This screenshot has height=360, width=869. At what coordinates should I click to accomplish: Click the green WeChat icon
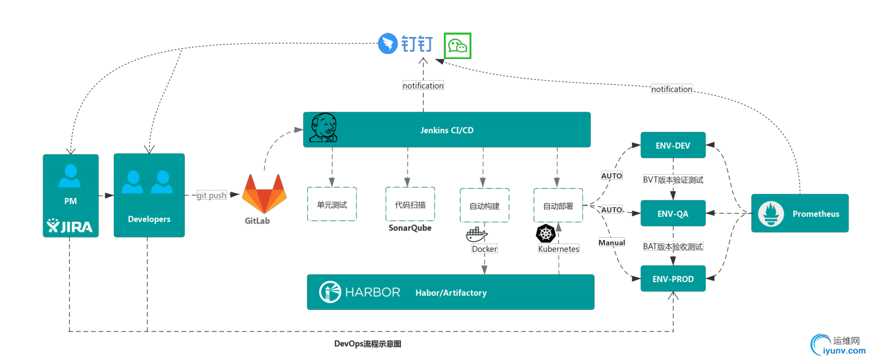458,45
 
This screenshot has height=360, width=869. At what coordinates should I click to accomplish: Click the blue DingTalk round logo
387,44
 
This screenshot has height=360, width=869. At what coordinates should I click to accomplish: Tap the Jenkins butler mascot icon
323,129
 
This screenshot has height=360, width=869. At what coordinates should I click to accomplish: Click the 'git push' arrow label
212,195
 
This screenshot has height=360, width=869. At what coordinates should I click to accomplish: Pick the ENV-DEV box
673,146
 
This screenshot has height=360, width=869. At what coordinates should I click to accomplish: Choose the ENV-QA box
673,213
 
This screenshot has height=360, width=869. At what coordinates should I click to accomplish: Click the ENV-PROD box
673,279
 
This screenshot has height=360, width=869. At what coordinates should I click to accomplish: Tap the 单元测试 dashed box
332,204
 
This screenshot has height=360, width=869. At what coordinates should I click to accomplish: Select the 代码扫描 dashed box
410,204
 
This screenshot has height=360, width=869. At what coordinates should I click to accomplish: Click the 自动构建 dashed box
484,205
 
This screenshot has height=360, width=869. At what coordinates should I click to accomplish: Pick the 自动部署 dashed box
558,205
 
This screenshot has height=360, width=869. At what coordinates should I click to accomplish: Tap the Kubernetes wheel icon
545,233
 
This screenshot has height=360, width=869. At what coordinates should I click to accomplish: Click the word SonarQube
410,227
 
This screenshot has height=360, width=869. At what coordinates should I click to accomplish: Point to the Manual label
611,243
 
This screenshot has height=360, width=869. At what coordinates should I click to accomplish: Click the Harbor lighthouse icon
329,292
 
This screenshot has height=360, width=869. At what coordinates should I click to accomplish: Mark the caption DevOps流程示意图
367,344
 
